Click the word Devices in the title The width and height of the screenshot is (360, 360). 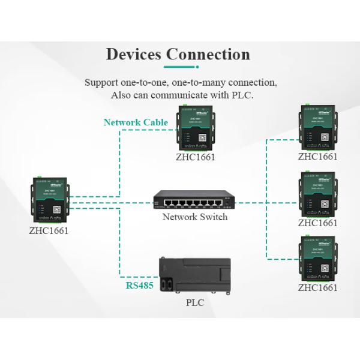(x=133, y=54)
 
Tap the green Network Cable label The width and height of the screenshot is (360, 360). (x=136, y=122)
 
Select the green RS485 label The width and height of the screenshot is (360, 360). (x=139, y=286)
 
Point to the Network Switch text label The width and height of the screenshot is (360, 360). (x=195, y=217)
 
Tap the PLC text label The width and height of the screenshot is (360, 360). (x=195, y=303)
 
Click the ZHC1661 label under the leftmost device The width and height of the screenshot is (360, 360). (x=49, y=230)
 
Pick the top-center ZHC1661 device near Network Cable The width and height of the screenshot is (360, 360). (x=195, y=127)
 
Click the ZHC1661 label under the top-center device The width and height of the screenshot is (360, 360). (x=195, y=157)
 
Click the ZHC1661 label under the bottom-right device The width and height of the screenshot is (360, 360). (x=318, y=288)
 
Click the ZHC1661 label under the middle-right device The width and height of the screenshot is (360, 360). (x=318, y=223)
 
